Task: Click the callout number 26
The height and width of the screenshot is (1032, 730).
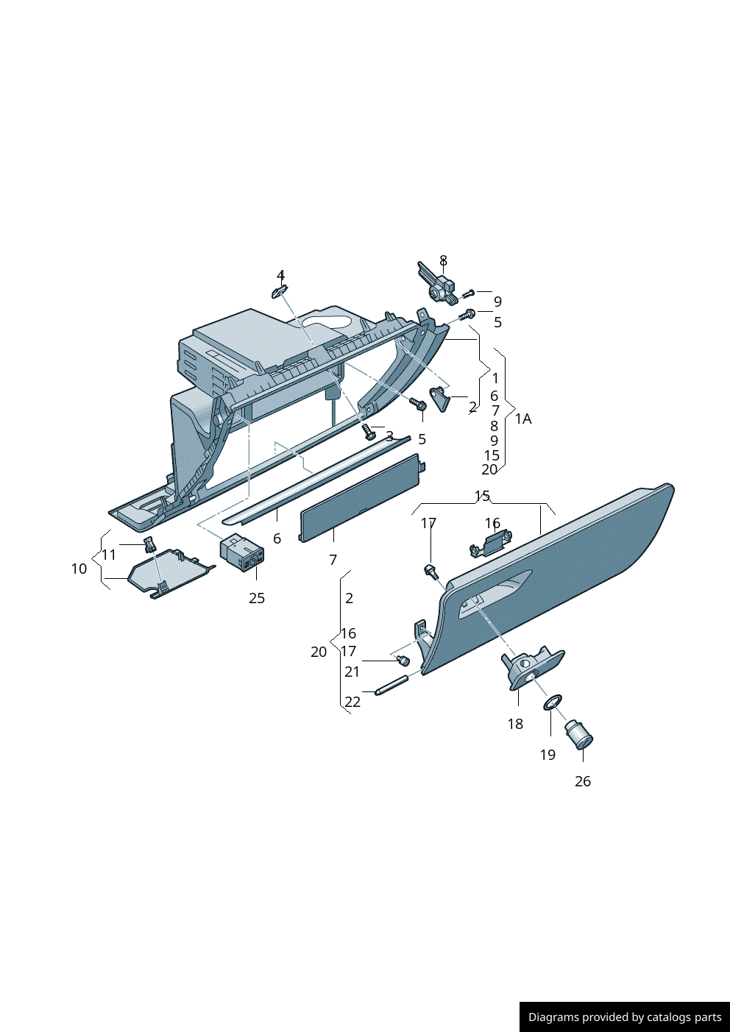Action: pos(583,781)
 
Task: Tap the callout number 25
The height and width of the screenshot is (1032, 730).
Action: pos(257,598)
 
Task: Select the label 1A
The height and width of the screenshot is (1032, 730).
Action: pos(523,419)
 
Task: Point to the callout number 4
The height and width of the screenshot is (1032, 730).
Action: pos(280,276)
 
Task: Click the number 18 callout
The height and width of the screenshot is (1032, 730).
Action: pos(515,724)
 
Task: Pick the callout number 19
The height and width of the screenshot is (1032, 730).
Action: pos(547,755)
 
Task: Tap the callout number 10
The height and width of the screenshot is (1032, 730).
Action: pos(79,569)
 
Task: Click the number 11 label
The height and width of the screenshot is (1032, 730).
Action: pos(109,555)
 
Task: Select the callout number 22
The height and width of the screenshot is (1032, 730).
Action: pos(352,702)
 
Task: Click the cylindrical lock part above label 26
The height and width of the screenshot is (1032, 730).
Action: pos(579,736)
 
